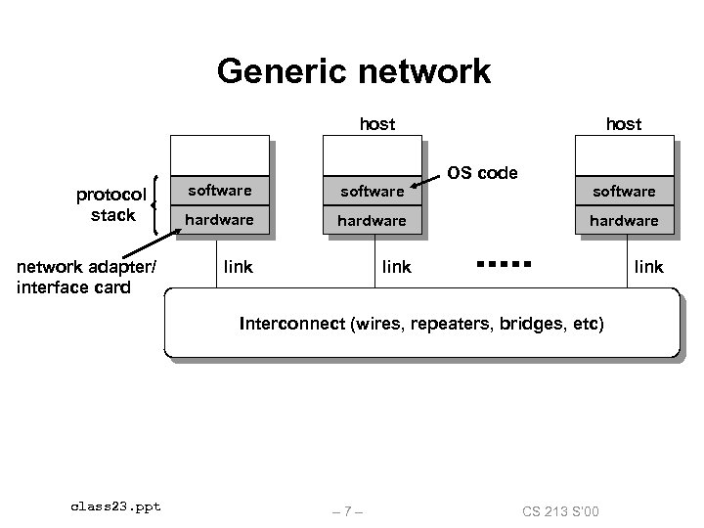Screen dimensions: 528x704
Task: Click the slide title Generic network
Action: pos(354,71)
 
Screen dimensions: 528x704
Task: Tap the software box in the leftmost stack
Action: pos(219,190)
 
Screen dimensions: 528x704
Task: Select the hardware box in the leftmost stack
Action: pos(219,220)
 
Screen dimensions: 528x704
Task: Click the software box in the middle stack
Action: pos(372,191)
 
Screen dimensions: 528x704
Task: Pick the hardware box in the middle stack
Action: pos(372,221)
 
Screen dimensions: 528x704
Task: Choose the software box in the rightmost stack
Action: pos(624,191)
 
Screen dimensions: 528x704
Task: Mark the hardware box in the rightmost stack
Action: pos(624,221)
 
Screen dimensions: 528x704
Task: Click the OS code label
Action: pos(482,173)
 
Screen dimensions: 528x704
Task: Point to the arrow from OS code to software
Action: pos(425,183)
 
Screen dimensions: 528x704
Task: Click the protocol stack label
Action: pos(111,204)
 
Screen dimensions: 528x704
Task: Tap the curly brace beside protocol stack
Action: pos(160,205)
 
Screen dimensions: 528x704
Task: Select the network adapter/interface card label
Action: pos(87,277)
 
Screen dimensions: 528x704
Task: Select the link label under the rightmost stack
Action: pos(648,266)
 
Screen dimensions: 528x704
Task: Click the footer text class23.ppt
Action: pos(115,506)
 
